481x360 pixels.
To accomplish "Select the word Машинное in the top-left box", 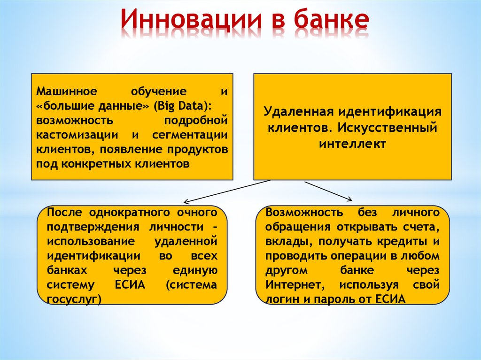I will pyautogui.click(x=66, y=91).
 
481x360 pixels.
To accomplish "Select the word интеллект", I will pyautogui.click(x=352, y=143).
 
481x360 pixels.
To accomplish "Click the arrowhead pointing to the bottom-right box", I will pyautogui.click(x=349, y=199).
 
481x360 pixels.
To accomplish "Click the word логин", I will pyautogui.click(x=280, y=299).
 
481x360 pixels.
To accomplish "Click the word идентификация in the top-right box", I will pyautogui.click(x=388, y=113).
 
